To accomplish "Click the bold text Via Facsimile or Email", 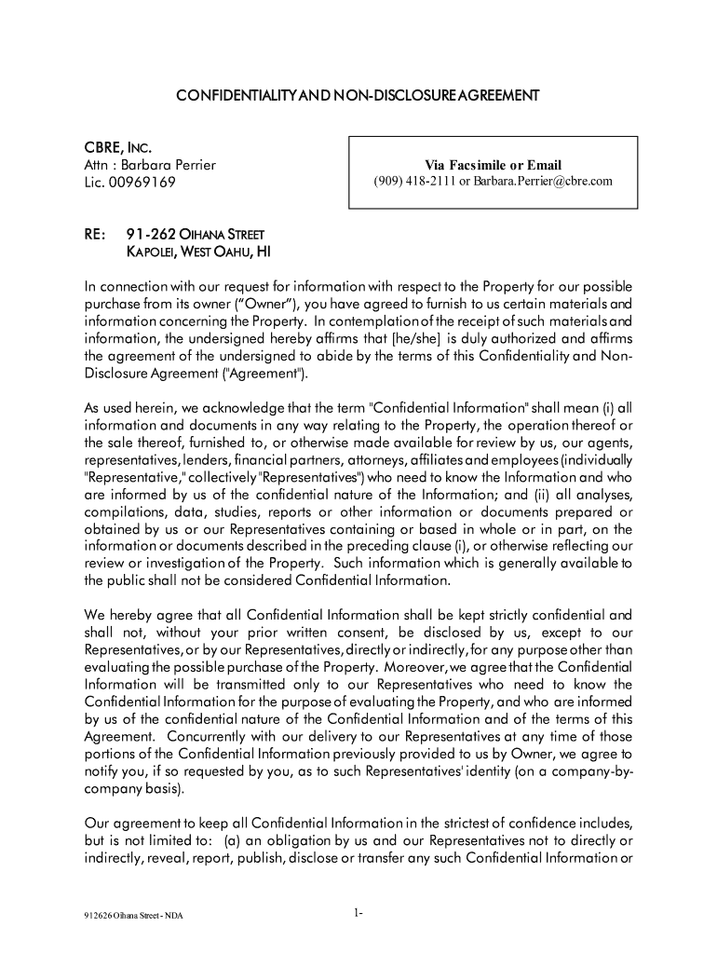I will click(x=494, y=165).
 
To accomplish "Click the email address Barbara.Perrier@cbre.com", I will click(x=543, y=181).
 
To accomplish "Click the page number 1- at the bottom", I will click(x=358, y=912).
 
